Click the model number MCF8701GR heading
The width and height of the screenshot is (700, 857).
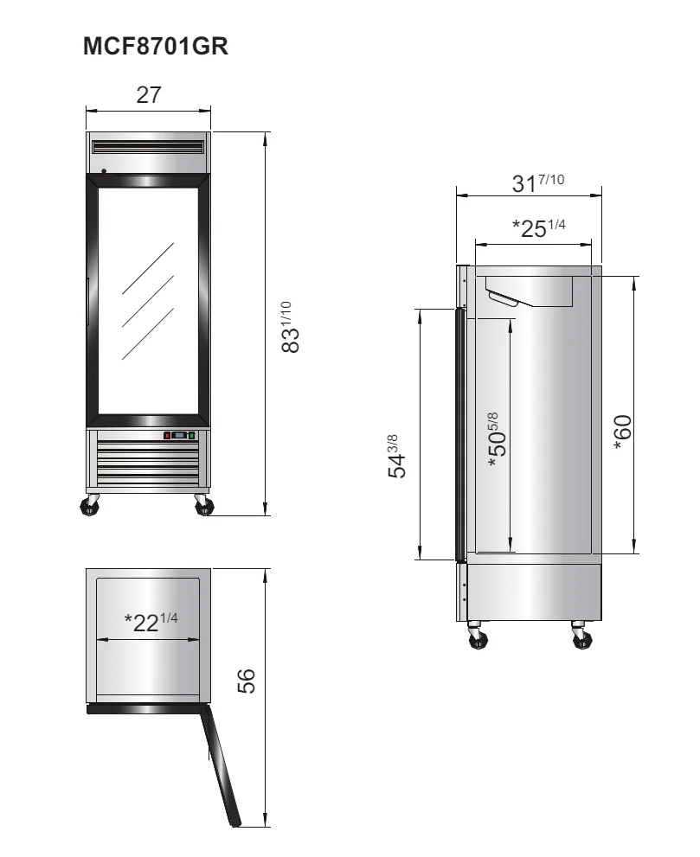[155, 48]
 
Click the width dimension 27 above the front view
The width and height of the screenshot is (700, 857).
[149, 95]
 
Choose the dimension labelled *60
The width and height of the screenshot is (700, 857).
[622, 432]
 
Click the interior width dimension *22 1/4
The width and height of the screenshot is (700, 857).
[151, 621]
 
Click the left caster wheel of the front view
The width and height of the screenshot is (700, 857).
[89, 506]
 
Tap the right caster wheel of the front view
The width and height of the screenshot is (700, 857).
[202, 506]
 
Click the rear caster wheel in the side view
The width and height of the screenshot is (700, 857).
[581, 637]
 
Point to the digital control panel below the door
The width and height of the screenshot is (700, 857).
[180, 436]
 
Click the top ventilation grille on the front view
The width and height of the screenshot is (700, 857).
[149, 146]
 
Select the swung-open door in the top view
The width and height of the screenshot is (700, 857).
[220, 764]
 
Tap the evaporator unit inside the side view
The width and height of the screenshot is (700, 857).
[530, 292]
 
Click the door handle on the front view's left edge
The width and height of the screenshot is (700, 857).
[87, 291]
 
